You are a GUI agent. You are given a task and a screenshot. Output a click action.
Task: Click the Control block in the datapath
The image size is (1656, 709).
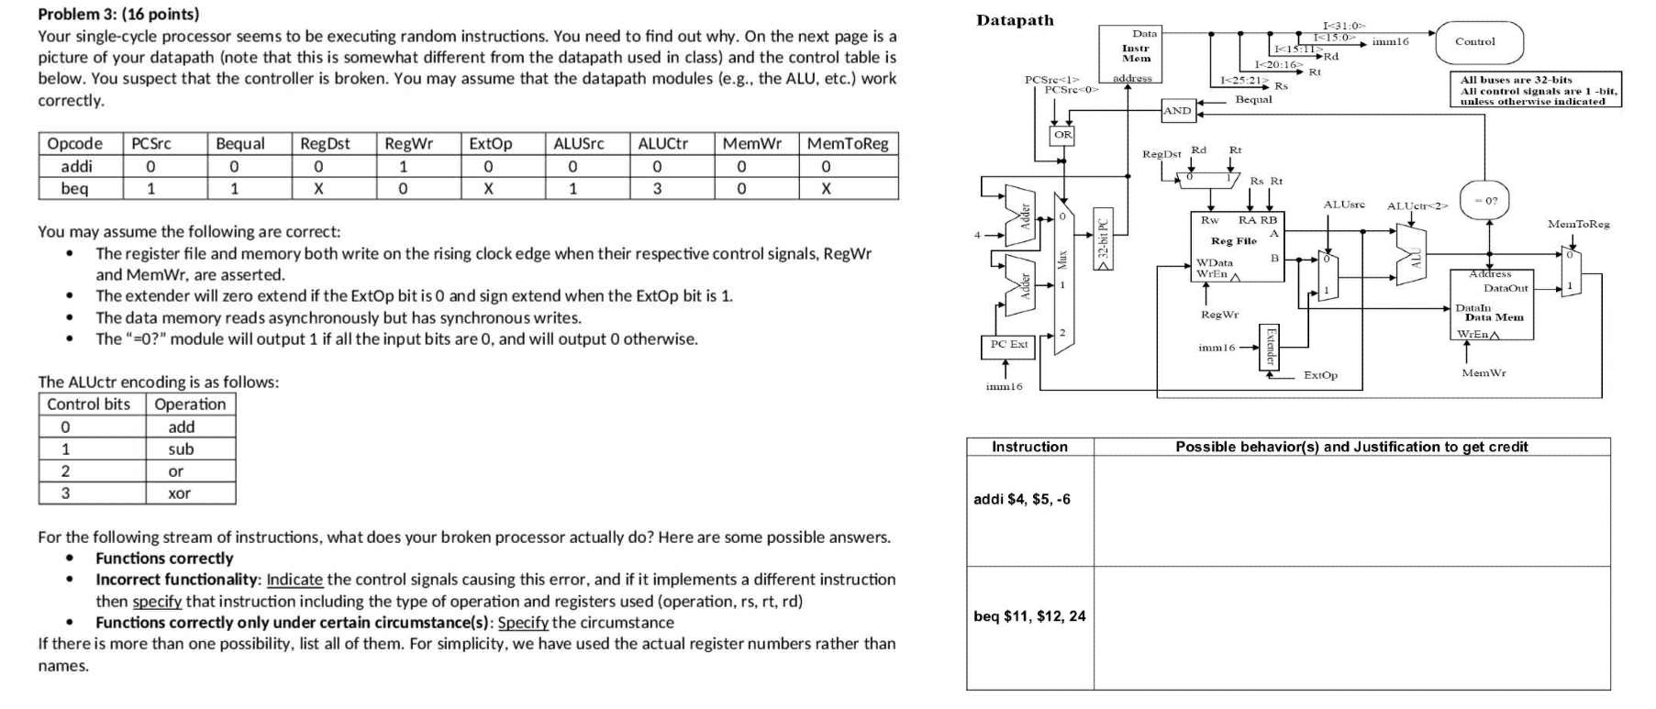coord(1477,42)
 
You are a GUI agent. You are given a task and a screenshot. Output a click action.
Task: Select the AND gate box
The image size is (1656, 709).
coord(1177,111)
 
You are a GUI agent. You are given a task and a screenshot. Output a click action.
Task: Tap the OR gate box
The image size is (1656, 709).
coord(1062,135)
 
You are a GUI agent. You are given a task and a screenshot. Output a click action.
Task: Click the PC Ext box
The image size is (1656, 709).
coord(1008,345)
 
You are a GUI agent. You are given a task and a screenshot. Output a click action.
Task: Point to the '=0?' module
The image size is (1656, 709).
coord(1484,200)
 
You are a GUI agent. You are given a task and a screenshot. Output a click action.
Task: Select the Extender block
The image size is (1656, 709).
coord(1271,347)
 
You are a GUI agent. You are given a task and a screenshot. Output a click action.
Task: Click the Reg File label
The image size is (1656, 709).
coord(1234,241)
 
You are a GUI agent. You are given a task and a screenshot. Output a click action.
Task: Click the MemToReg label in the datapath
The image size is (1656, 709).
coord(1578,224)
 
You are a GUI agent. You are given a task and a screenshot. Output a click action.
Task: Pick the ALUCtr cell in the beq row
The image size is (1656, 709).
coord(657,189)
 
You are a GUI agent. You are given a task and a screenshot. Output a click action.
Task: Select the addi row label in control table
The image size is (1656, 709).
coord(76,166)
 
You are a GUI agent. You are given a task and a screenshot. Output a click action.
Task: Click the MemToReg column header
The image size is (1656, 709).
coord(848,143)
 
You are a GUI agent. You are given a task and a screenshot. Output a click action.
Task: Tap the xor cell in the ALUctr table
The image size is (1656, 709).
coord(180,493)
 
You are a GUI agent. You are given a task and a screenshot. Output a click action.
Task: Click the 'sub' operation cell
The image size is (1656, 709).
coord(181,449)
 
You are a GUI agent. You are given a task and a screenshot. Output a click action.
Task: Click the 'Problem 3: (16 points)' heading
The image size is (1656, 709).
coord(118,14)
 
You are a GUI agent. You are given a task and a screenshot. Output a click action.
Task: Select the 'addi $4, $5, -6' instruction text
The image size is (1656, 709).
coord(1021,499)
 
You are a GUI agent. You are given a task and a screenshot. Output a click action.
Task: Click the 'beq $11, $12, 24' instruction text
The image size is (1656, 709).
coord(1029,616)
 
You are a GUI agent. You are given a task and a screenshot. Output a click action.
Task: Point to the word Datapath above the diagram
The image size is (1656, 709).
coord(1015,20)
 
